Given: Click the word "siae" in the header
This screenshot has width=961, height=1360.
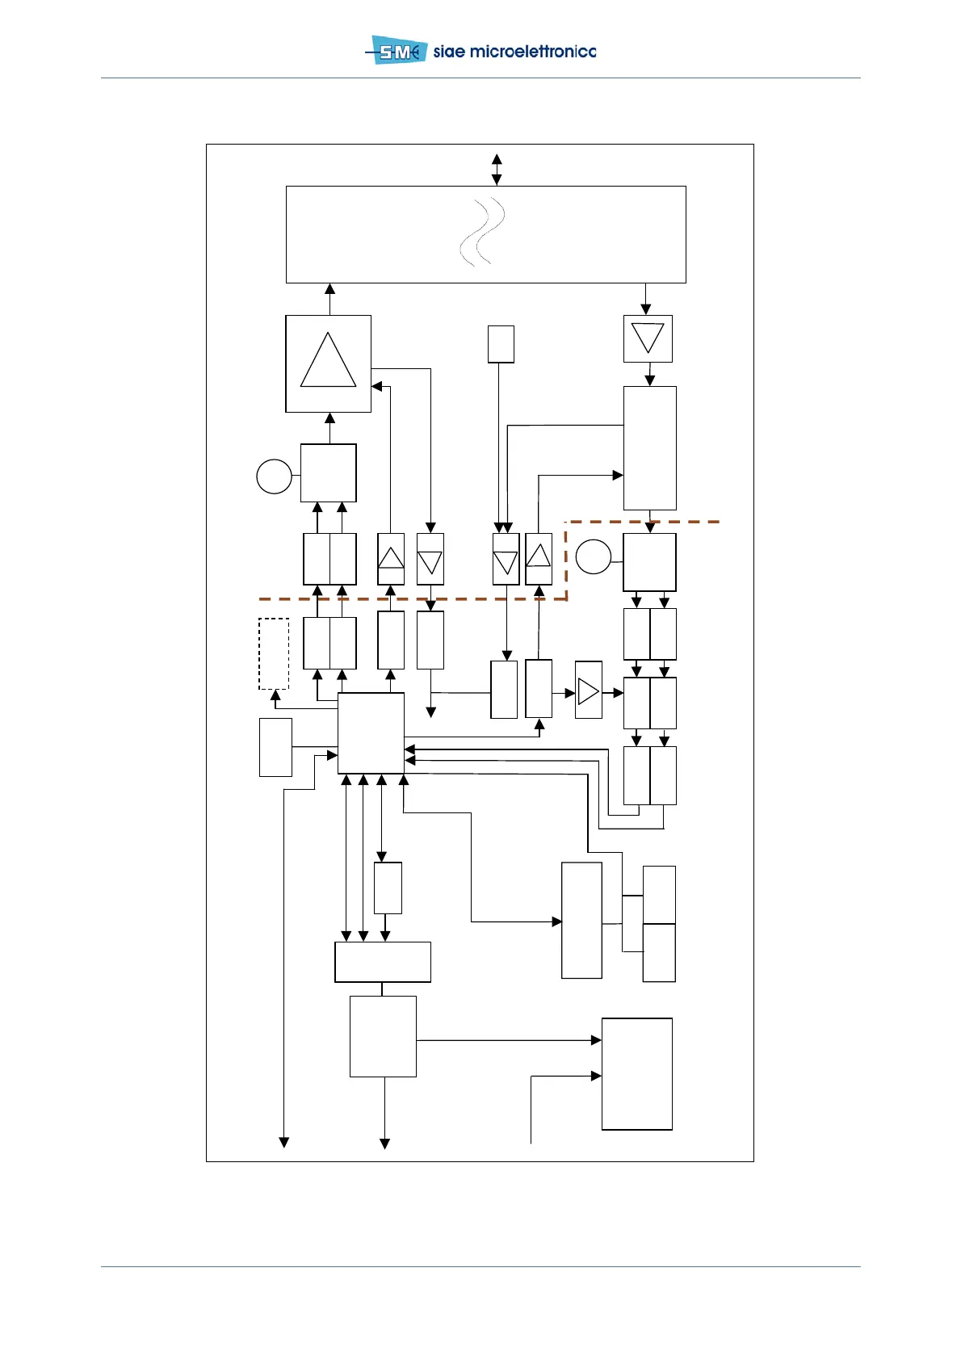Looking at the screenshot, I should click(x=449, y=52).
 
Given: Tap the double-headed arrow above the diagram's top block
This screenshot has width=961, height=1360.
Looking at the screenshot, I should click(x=497, y=170).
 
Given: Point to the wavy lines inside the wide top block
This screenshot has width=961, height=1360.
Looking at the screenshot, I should click(x=482, y=233).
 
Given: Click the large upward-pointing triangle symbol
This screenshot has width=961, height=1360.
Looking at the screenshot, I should click(x=328, y=362).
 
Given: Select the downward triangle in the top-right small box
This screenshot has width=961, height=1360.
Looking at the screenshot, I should click(x=648, y=338).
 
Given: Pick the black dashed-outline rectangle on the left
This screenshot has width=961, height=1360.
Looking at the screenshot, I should click(x=274, y=653).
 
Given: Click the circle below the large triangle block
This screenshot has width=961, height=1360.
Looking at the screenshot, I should click(x=274, y=476).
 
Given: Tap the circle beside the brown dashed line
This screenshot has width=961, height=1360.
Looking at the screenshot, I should click(x=594, y=556).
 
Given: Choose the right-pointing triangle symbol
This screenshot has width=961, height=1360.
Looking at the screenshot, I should click(x=589, y=691).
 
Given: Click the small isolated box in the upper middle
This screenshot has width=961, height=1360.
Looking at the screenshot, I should click(x=501, y=344).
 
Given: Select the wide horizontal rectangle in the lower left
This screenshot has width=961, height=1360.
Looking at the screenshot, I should click(x=383, y=962).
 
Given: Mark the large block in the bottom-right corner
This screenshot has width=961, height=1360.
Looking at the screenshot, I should click(x=637, y=1073).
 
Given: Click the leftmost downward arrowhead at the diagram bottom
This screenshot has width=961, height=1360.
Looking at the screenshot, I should click(x=284, y=1142).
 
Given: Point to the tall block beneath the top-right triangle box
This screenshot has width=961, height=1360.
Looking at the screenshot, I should click(x=649, y=447).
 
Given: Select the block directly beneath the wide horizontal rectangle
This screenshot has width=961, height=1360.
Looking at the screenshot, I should click(x=383, y=1036).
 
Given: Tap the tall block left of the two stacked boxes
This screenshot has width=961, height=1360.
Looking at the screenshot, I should click(x=581, y=920).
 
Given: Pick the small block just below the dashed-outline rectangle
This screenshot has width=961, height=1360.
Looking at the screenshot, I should click(x=275, y=747).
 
